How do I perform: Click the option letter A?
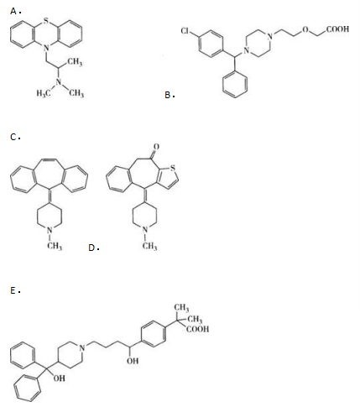click(x=13, y=11)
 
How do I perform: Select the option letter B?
click(x=168, y=95)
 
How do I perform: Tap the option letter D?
click(x=91, y=248)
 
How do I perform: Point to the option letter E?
click(x=13, y=290)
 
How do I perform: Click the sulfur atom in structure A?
click(x=46, y=20)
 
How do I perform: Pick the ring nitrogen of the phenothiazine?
click(x=46, y=48)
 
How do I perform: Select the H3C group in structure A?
click(x=44, y=93)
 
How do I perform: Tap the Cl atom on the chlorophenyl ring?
click(x=185, y=30)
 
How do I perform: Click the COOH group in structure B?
click(x=337, y=29)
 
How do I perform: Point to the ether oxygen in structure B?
click(x=305, y=29)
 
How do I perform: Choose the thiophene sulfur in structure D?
click(x=173, y=168)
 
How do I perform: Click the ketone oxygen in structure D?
click(x=156, y=146)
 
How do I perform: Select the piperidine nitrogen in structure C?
click(x=50, y=230)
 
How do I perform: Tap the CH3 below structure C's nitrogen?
click(x=55, y=246)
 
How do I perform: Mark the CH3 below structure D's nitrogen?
click(x=149, y=246)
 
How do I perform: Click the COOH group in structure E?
click(x=197, y=329)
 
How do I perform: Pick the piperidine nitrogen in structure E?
click(x=82, y=347)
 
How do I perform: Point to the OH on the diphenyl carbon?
click(x=59, y=378)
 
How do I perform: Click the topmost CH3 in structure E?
click(x=181, y=308)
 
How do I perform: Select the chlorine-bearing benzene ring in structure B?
click(x=211, y=43)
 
